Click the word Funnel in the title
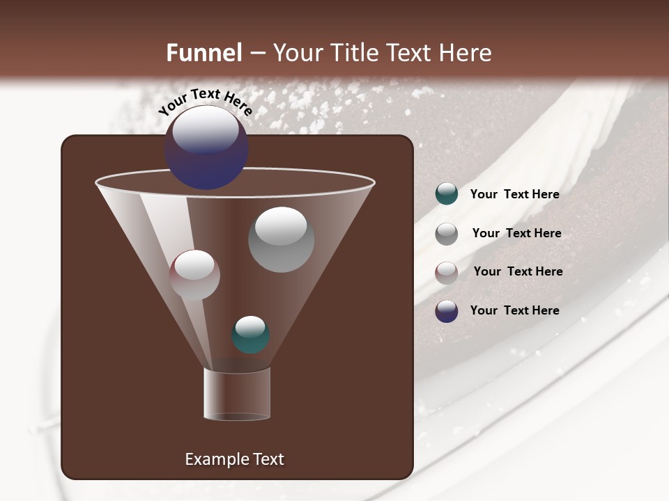pyautogui.click(x=204, y=53)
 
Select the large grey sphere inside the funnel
pyautogui.click(x=281, y=240)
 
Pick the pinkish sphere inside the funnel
pyautogui.click(x=194, y=275)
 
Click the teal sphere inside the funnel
pyautogui.click(x=250, y=335)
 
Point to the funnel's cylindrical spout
pyautogui.click(x=237, y=394)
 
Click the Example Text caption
pyautogui.click(x=234, y=459)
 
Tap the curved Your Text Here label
pyautogui.click(x=205, y=102)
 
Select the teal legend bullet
pyautogui.click(x=447, y=194)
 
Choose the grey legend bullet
pyautogui.click(x=447, y=234)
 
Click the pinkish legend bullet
pyautogui.click(x=447, y=273)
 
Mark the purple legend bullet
pyautogui.click(x=447, y=311)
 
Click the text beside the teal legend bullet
pyautogui.click(x=514, y=195)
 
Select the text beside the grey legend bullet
pyautogui.click(x=516, y=234)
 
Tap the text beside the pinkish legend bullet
pyautogui.click(x=518, y=272)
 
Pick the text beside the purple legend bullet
pyautogui.click(x=514, y=310)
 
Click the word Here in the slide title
pyautogui.click(x=466, y=53)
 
